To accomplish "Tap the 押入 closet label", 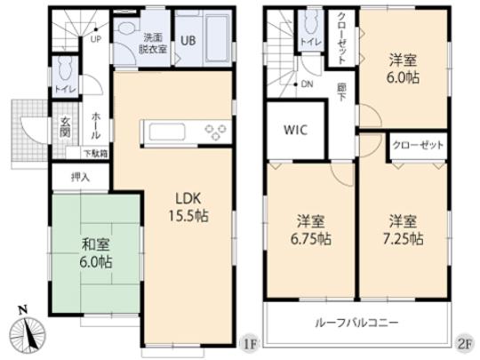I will coord(81,178).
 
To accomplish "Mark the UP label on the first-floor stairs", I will coord(94,39).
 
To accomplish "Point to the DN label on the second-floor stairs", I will coord(306,84).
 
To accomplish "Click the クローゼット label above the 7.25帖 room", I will coord(416,144).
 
